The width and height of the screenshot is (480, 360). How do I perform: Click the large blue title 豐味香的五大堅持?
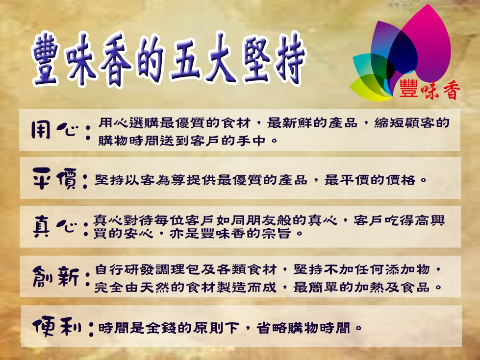[169, 60]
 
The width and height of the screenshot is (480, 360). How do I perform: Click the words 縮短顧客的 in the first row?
[412, 122]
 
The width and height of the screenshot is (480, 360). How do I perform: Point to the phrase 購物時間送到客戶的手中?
[182, 141]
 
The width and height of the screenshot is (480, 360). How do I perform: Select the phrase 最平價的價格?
[370, 180]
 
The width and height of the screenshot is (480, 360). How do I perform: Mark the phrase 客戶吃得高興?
[399, 220]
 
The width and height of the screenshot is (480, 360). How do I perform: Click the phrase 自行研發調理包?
[148, 270]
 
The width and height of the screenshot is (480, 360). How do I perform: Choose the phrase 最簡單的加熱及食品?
[361, 287]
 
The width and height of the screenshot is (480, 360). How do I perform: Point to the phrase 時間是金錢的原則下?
[168, 328]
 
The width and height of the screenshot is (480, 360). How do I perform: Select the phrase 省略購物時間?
[303, 328]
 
